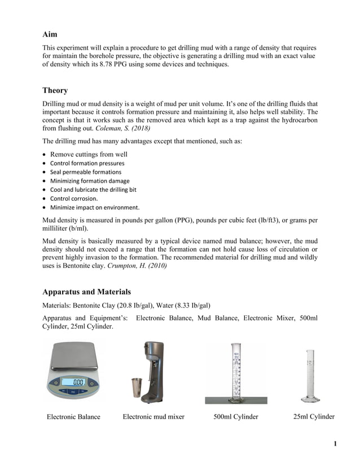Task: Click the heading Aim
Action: (50, 34)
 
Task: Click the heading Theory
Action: (55, 90)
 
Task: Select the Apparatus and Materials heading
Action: (86, 292)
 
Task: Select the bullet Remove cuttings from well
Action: (89, 154)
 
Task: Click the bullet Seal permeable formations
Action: (86, 172)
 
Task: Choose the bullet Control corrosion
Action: (74, 199)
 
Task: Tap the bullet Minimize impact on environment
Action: (95, 207)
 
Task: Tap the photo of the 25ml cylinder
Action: (310, 375)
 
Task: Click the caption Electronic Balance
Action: (73, 417)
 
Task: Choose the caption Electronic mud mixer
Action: (153, 417)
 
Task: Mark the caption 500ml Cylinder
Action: (235, 417)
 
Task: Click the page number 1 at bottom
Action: (335, 444)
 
